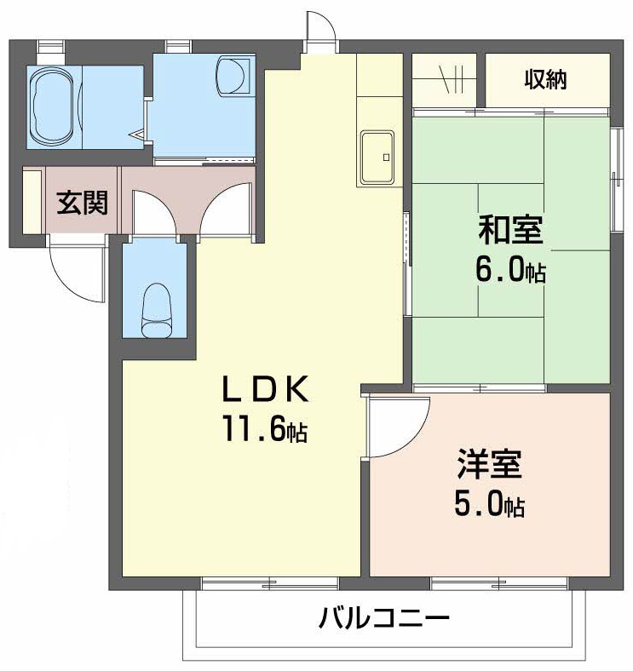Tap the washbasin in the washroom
(x=233, y=76)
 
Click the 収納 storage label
(x=545, y=80)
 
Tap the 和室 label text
(x=509, y=230)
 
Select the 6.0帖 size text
(x=510, y=272)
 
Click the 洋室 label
(x=488, y=466)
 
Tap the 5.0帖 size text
(x=488, y=506)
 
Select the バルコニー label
(x=383, y=617)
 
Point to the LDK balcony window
(x=269, y=584)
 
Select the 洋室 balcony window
(x=498, y=584)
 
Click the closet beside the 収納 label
(x=448, y=80)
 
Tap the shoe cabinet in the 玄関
(x=32, y=201)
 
